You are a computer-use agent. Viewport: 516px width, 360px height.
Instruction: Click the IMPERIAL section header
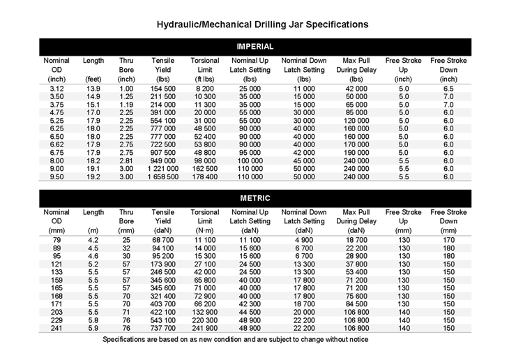point(255,46)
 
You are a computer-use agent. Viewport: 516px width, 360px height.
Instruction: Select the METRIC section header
point(255,198)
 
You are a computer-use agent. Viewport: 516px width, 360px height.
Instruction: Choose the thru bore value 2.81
point(126,160)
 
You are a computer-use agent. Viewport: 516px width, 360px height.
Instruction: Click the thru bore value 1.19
point(126,107)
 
